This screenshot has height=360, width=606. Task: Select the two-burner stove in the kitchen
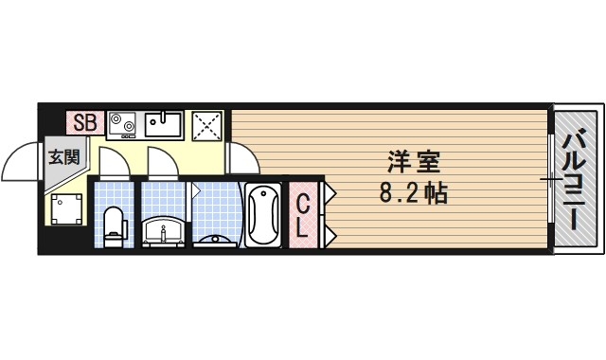[x=123, y=123]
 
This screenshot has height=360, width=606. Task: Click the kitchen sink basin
[x=164, y=124]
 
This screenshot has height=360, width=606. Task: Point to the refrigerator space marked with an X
[x=206, y=124]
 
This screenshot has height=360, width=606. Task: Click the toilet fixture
[x=114, y=225]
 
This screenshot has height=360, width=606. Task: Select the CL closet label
[x=302, y=215]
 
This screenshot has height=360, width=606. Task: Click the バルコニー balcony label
[x=574, y=182]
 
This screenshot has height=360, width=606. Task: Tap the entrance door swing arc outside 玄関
[x=21, y=163]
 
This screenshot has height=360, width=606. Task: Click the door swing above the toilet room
[x=113, y=162]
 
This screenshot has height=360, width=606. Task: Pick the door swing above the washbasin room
[x=161, y=162]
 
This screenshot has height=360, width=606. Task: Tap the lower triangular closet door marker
[x=330, y=232]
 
